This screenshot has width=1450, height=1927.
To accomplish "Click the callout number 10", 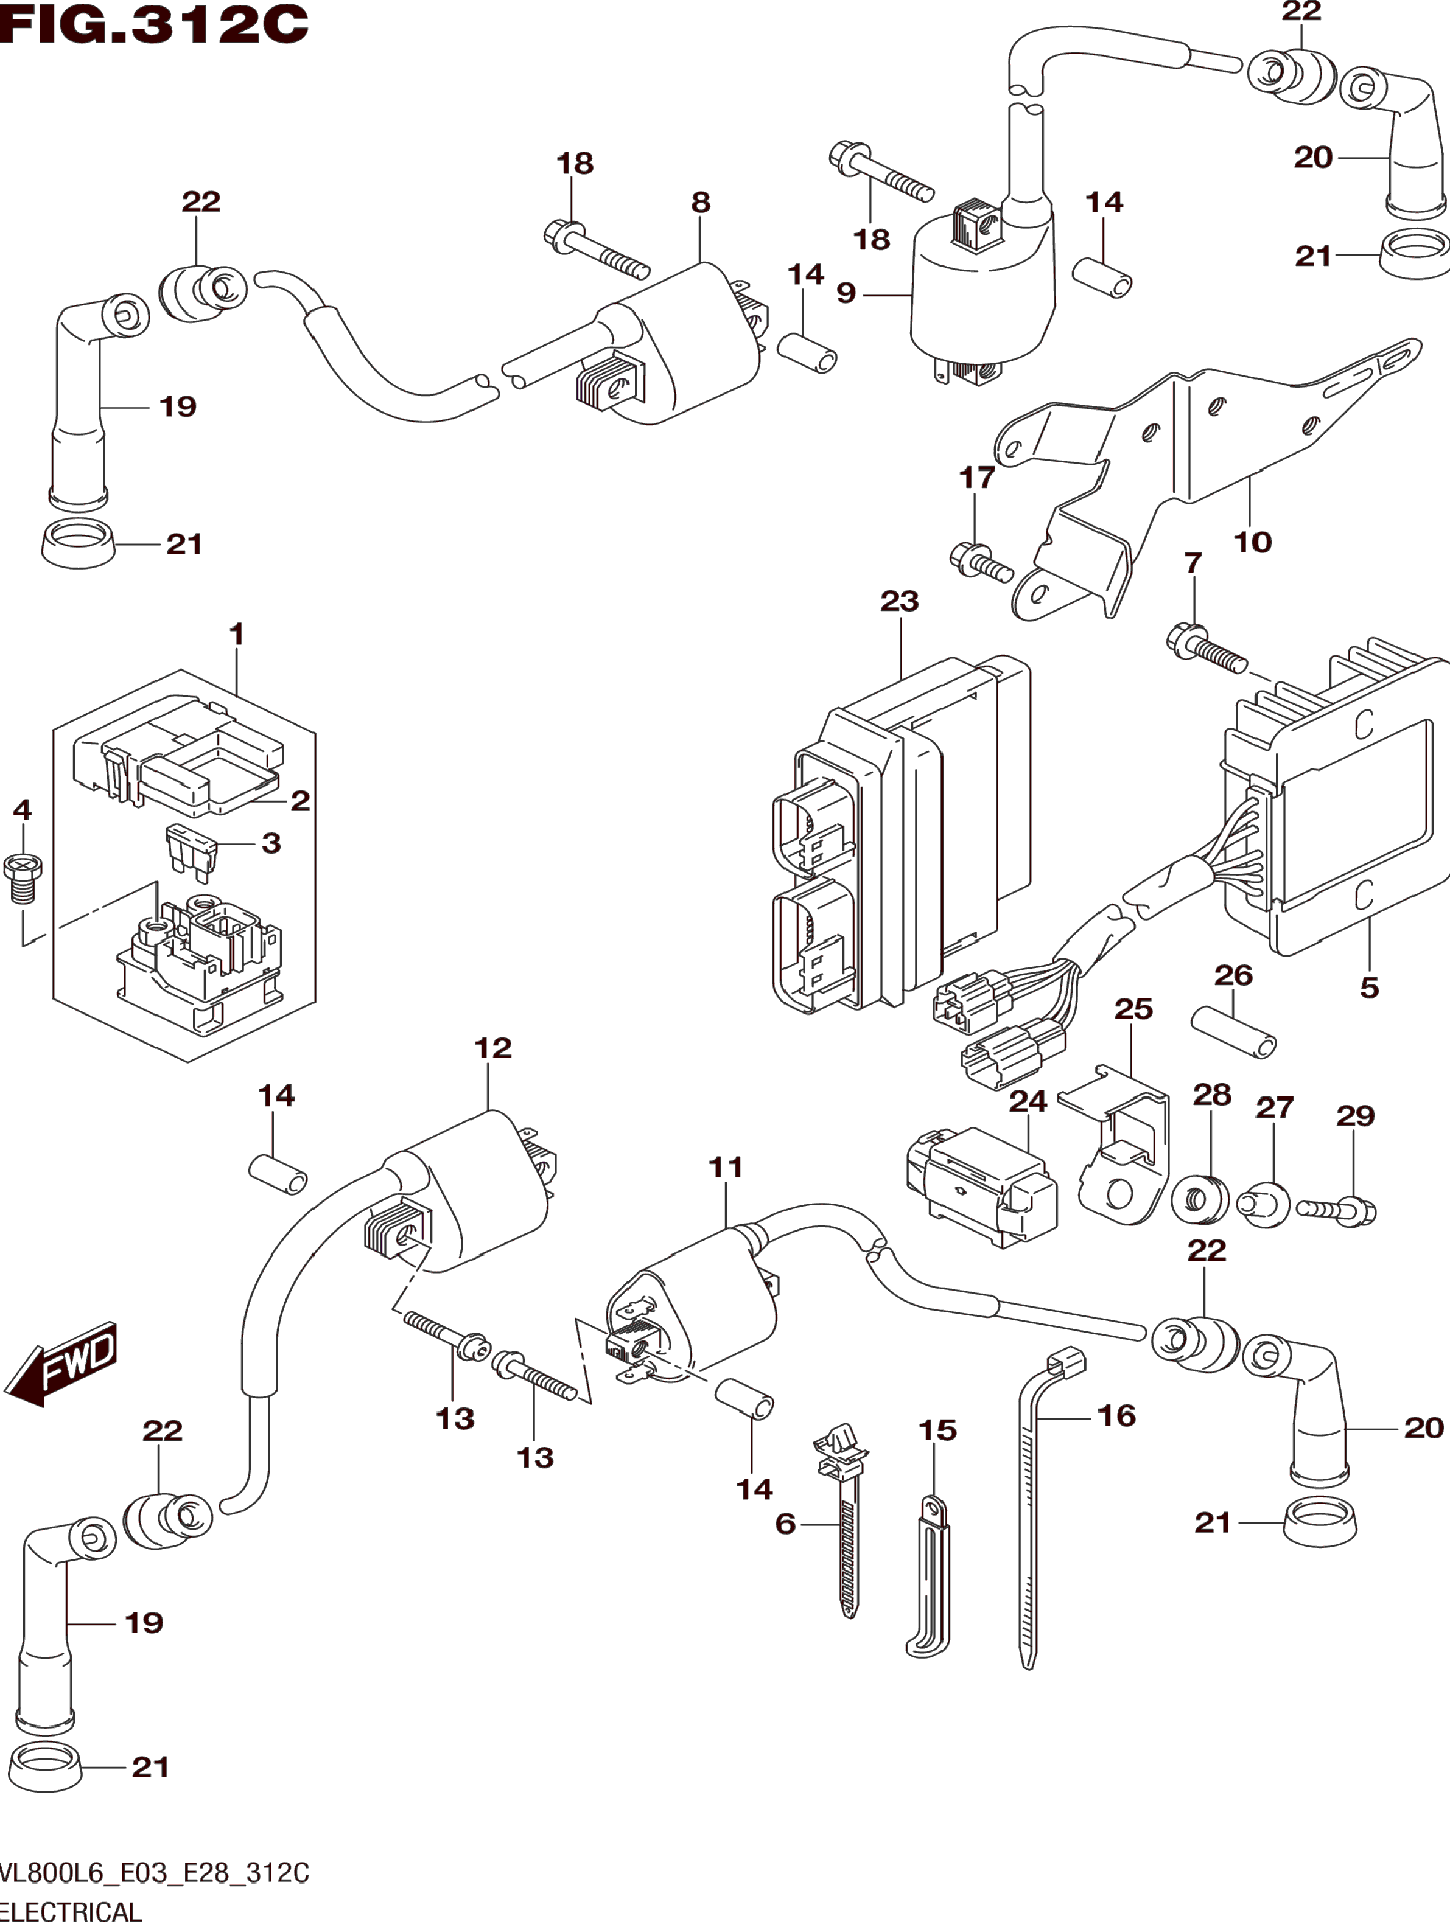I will click(1252, 542).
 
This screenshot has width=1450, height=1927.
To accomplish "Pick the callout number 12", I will click(492, 1047).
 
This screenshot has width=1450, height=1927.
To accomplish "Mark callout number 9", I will click(846, 293).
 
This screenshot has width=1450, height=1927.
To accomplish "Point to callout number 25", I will click(1133, 1009).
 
